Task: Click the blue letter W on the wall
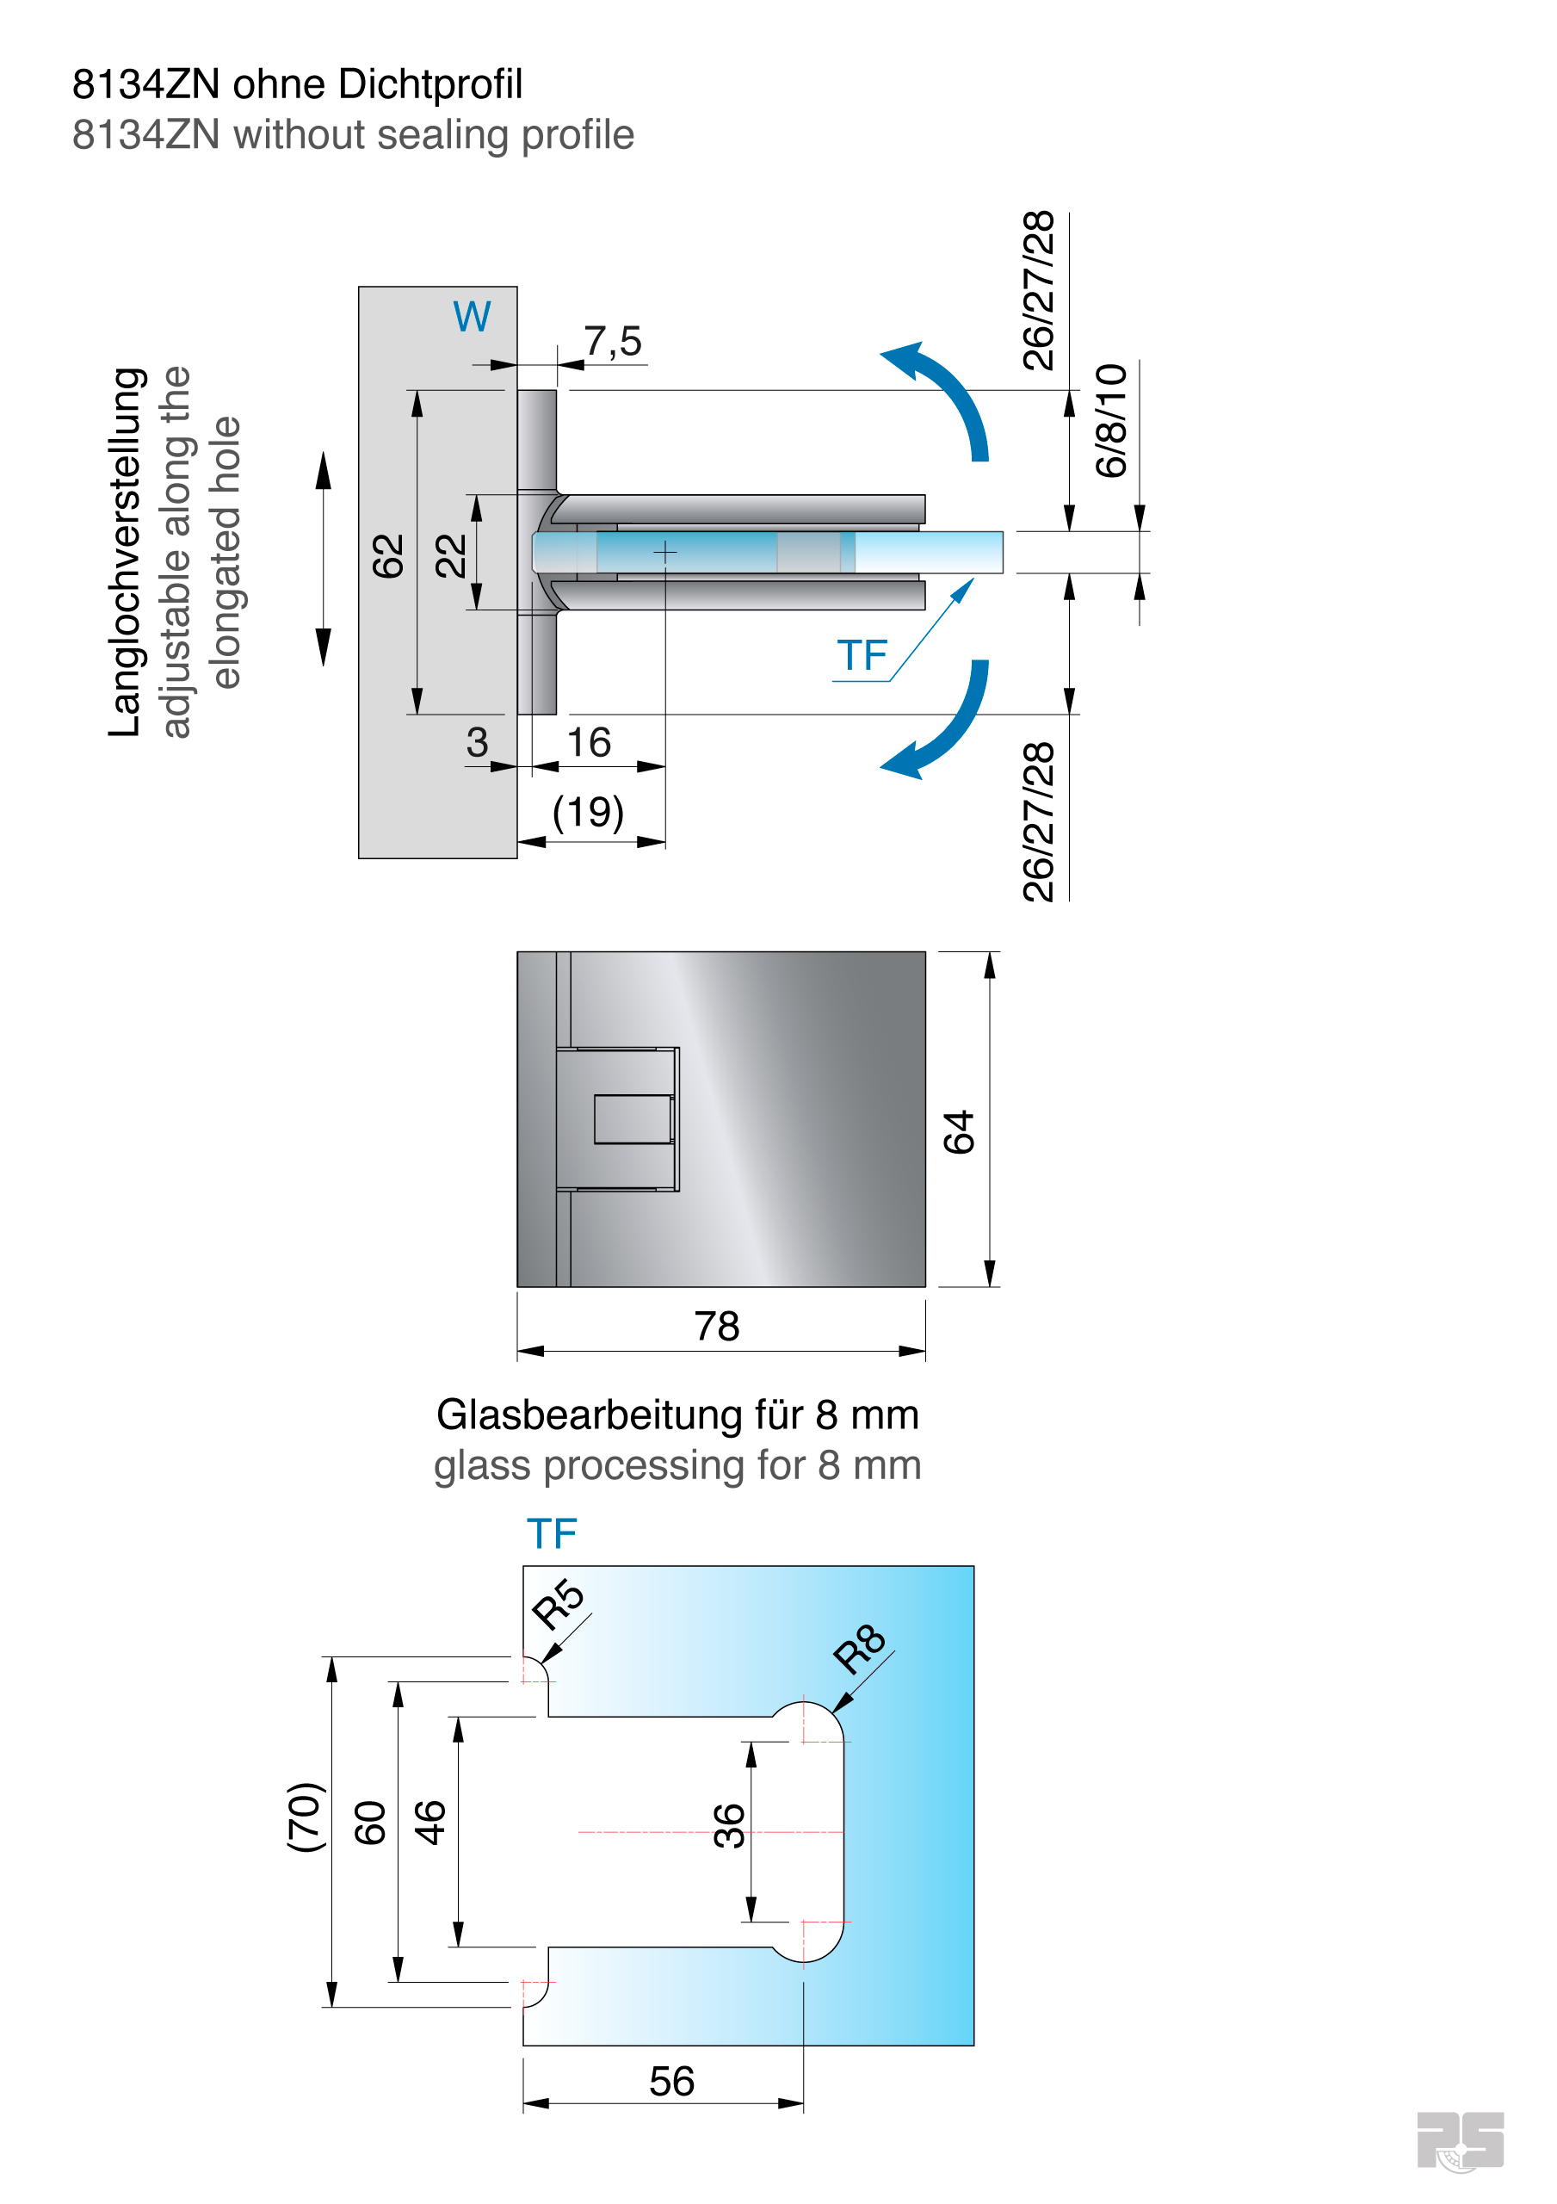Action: pyautogui.click(x=472, y=316)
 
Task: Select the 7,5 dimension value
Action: pyautogui.click(x=613, y=341)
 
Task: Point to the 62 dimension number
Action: pyautogui.click(x=388, y=556)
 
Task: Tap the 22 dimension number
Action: pyautogui.click(x=450, y=556)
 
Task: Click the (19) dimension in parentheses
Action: pyautogui.click(x=588, y=812)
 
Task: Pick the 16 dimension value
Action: pyautogui.click(x=588, y=742)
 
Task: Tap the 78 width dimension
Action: pyautogui.click(x=716, y=1327)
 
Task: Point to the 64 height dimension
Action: pyautogui.click(x=958, y=1132)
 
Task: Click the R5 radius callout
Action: pyautogui.click(x=558, y=1604)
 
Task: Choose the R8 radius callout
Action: pyautogui.click(x=859, y=1650)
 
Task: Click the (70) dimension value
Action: pyautogui.click(x=306, y=1817)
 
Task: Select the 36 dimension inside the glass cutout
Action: pyautogui.click(x=729, y=1826)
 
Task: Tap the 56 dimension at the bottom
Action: pyautogui.click(x=671, y=2082)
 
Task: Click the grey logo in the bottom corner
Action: pyautogui.click(x=1460, y=2140)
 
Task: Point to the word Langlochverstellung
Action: pyautogui.click(x=127, y=552)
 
